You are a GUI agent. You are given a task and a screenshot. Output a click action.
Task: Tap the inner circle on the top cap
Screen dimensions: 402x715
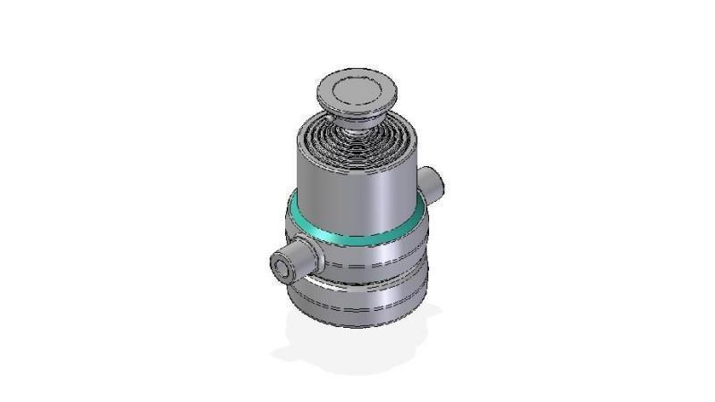[355, 88]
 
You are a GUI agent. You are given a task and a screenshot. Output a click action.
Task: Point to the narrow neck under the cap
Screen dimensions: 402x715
[357, 118]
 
